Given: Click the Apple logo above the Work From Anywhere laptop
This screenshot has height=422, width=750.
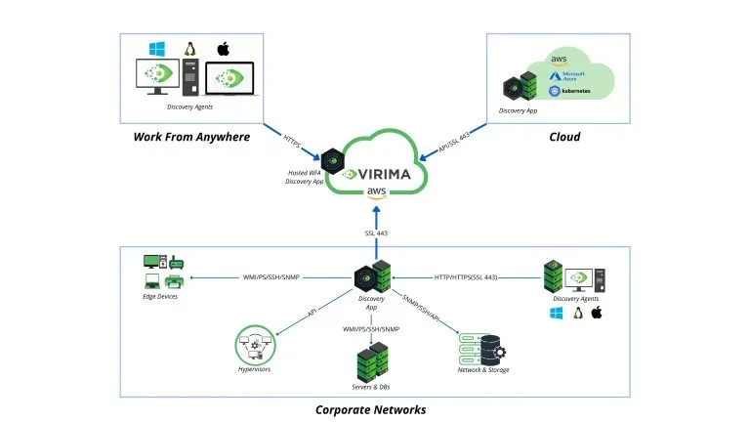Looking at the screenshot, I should point(222,49).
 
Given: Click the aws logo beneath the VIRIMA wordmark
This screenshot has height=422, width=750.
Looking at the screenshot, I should point(377,191).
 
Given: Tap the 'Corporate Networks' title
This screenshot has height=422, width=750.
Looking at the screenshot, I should point(370,409).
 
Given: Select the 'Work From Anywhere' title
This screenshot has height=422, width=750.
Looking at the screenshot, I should point(191,137).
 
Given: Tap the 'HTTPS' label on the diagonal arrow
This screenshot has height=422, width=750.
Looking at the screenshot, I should point(293,142).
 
